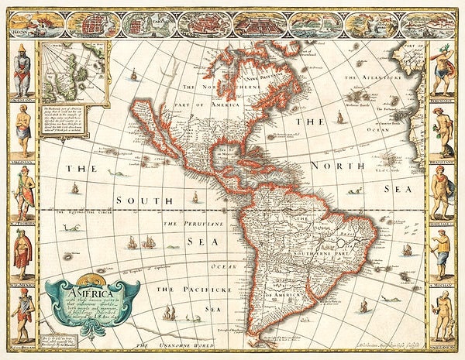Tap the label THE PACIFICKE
pos(188,289)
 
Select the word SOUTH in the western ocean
pos(142,201)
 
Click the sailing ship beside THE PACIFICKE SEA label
pos(170,313)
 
